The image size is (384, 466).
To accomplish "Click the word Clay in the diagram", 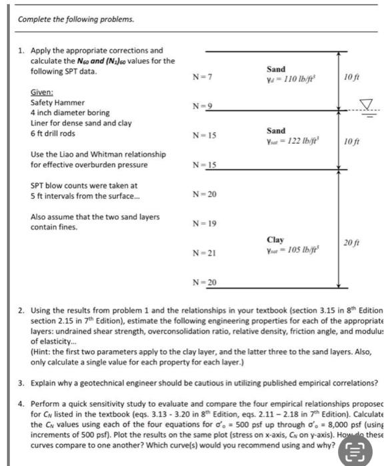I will tap(275, 239).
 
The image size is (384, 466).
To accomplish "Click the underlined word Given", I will tap(42, 93).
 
